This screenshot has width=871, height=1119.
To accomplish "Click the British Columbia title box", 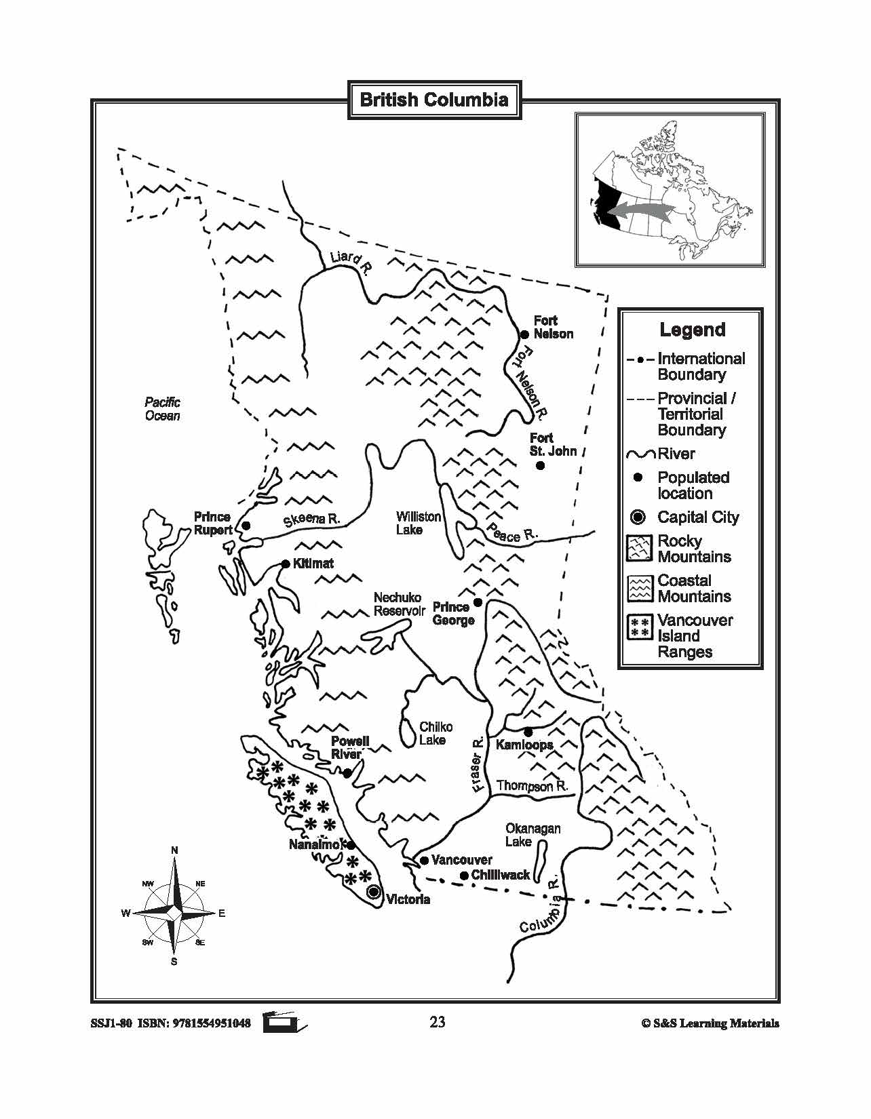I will click(434, 100).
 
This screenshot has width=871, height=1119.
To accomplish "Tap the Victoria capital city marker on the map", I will click(373, 892).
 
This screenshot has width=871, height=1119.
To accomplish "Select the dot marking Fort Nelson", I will click(524, 334).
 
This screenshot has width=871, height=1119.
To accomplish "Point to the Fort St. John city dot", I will click(540, 465).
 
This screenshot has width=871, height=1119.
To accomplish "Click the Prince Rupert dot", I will click(246, 526).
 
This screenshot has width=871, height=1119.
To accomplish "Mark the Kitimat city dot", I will click(286, 564).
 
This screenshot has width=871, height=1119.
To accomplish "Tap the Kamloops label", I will click(524, 745).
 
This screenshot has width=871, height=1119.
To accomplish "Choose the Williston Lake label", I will click(419, 523).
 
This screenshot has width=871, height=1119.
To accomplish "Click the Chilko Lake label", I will click(435, 733).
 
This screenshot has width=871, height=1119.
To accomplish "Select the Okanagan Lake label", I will click(533, 835).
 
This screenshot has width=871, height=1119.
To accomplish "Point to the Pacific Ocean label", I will click(163, 409).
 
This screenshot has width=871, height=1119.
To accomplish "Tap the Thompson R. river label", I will click(532, 786).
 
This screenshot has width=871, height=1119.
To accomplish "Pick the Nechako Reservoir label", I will click(400, 604).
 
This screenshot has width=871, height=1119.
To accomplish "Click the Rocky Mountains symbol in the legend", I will click(638, 549).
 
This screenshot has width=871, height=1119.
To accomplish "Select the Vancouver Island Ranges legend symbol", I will click(638, 628).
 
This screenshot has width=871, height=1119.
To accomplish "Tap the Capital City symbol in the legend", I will click(638, 517).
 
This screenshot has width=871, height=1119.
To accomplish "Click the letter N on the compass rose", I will click(174, 850).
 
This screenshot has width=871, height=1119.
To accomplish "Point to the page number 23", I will click(437, 1022).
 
